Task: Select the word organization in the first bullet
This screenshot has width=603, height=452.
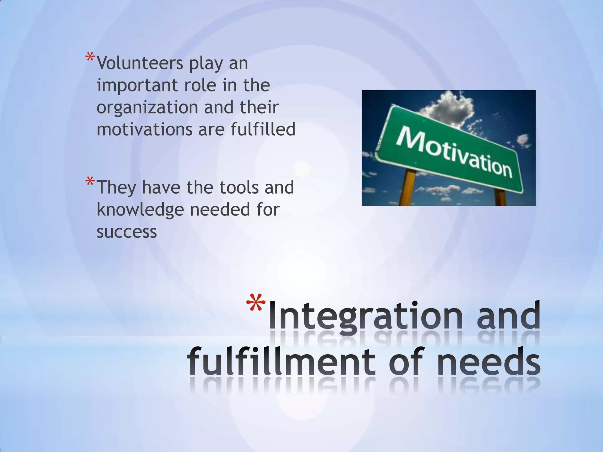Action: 147,108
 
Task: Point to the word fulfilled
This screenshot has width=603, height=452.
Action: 263,129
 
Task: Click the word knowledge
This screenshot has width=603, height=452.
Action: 140,210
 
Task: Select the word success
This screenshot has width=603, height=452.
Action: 127,232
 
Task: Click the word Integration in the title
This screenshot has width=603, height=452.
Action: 365,316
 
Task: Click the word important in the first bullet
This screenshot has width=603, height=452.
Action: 137,86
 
